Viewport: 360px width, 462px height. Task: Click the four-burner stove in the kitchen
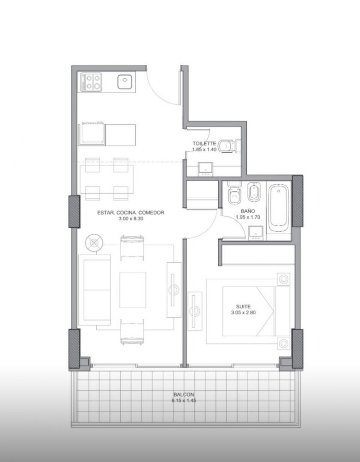pyautogui.click(x=92, y=82)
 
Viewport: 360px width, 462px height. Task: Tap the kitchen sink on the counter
pyautogui.click(x=125, y=82)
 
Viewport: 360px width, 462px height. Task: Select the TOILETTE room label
pyautogui.click(x=204, y=143)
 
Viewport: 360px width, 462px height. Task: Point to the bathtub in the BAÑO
pyautogui.click(x=279, y=208)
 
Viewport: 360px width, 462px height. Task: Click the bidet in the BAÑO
pyautogui.click(x=253, y=192)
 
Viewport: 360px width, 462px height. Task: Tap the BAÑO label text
pyautogui.click(x=248, y=211)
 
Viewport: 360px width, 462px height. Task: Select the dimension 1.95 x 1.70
pyautogui.click(x=248, y=217)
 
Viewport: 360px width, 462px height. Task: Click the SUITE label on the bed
pyautogui.click(x=243, y=307)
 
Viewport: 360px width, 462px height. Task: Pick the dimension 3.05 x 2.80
pyautogui.click(x=243, y=313)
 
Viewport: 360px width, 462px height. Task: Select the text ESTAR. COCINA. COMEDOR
pyautogui.click(x=131, y=213)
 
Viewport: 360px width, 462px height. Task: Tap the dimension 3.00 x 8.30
pyautogui.click(x=131, y=219)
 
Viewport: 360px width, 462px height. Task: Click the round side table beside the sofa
pyautogui.click(x=94, y=243)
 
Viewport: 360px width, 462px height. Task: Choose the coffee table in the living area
pyautogui.click(x=133, y=290)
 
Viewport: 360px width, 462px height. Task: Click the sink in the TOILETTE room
pyautogui.click(x=205, y=169)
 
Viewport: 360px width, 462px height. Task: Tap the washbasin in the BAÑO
pyautogui.click(x=256, y=233)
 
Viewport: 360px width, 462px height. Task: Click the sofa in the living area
pyautogui.click(x=95, y=290)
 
